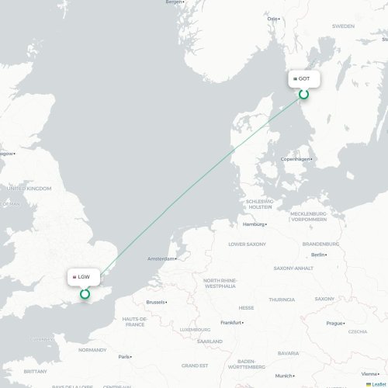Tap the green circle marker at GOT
pos(304,94)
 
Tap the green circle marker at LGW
pos(85,293)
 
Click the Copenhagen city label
pos(295,159)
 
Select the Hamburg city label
pos(253,224)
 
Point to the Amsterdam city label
pos(161,258)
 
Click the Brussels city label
pos(155,302)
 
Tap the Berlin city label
pos(318,255)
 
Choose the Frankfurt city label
pos(230,322)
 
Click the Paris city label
pos(123,357)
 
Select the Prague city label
pos(334,323)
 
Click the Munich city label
pos(283,376)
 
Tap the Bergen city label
pos(175,2)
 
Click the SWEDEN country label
pos(343,26)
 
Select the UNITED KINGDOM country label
pos(29,189)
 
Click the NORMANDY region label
pos(92,350)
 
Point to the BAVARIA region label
pos(288,353)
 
